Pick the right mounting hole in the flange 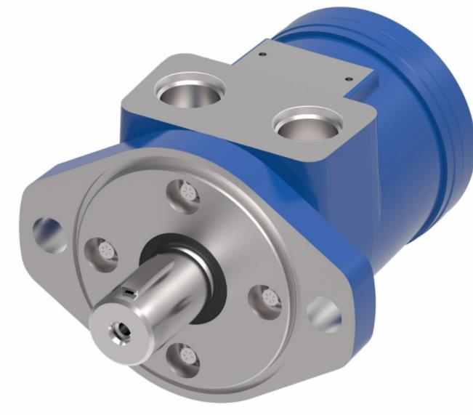(323, 315)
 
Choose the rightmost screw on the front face (268, 297)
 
